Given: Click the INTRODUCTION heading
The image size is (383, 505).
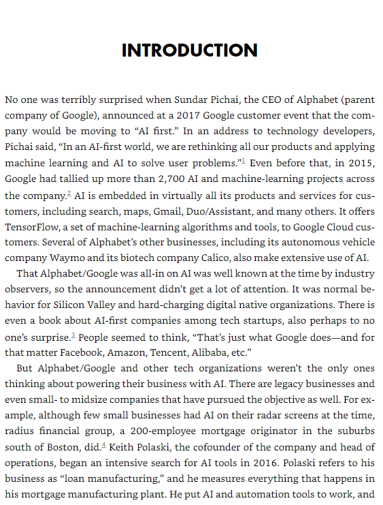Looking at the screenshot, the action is coord(190,50).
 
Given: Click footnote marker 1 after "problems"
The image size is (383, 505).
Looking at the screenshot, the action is coord(243,162).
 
